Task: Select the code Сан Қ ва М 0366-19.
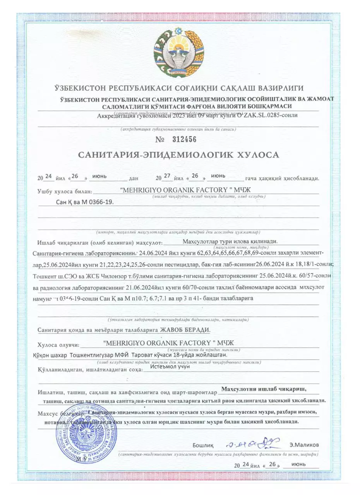pyautogui.click(x=85, y=202)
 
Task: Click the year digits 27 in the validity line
pyautogui.click(x=167, y=176)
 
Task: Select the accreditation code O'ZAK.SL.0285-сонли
pyautogui.click(x=269, y=115)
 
